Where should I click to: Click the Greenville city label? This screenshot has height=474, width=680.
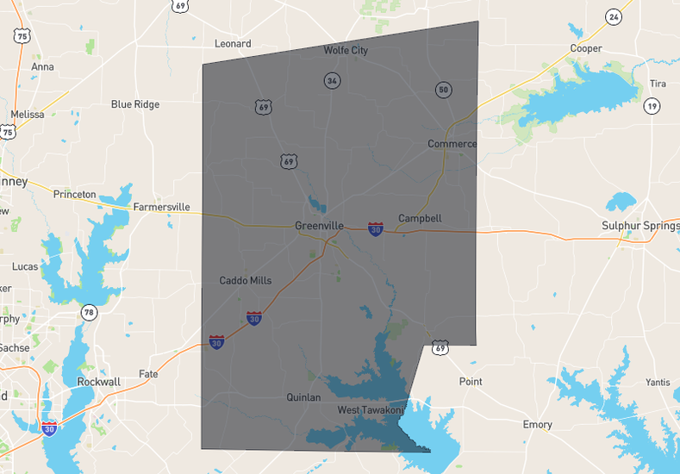[319, 226]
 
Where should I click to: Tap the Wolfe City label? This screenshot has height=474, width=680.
[346, 50]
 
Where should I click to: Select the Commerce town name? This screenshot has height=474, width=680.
[452, 143]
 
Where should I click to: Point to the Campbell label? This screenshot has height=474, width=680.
[420, 218]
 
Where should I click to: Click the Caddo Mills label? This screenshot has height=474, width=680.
[246, 280]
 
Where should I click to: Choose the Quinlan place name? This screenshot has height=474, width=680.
[303, 397]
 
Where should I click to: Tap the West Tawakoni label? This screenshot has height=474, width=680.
[370, 410]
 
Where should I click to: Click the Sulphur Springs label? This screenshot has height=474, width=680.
[640, 226]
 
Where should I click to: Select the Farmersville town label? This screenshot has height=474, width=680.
[161, 207]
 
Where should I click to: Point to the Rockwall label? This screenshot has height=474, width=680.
[98, 382]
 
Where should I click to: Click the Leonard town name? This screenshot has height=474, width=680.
[233, 43]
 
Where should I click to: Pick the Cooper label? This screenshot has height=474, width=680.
[586, 48]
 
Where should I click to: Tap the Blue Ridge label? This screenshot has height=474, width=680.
[135, 104]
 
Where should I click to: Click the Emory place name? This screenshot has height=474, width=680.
[538, 425]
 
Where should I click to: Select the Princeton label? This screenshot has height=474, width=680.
[74, 194]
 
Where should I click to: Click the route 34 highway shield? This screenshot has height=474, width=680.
[332, 80]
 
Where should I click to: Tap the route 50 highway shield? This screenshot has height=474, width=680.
[443, 90]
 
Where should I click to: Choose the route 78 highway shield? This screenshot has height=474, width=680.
[89, 311]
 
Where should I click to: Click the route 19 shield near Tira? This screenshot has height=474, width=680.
[652, 106]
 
